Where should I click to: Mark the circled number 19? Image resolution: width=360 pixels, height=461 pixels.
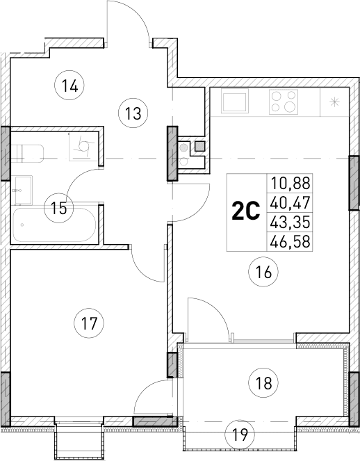pos(240,437)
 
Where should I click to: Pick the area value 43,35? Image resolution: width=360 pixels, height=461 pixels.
pos(292,222)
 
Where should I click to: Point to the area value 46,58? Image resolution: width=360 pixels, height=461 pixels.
pos(292,241)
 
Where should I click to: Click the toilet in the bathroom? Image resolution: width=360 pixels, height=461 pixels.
pos(30,152)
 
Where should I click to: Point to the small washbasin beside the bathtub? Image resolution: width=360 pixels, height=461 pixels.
pos(22,186)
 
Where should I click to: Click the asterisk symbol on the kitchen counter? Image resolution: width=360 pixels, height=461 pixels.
pos(335,102)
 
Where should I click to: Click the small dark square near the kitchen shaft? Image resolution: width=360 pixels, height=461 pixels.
pos(200,146)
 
